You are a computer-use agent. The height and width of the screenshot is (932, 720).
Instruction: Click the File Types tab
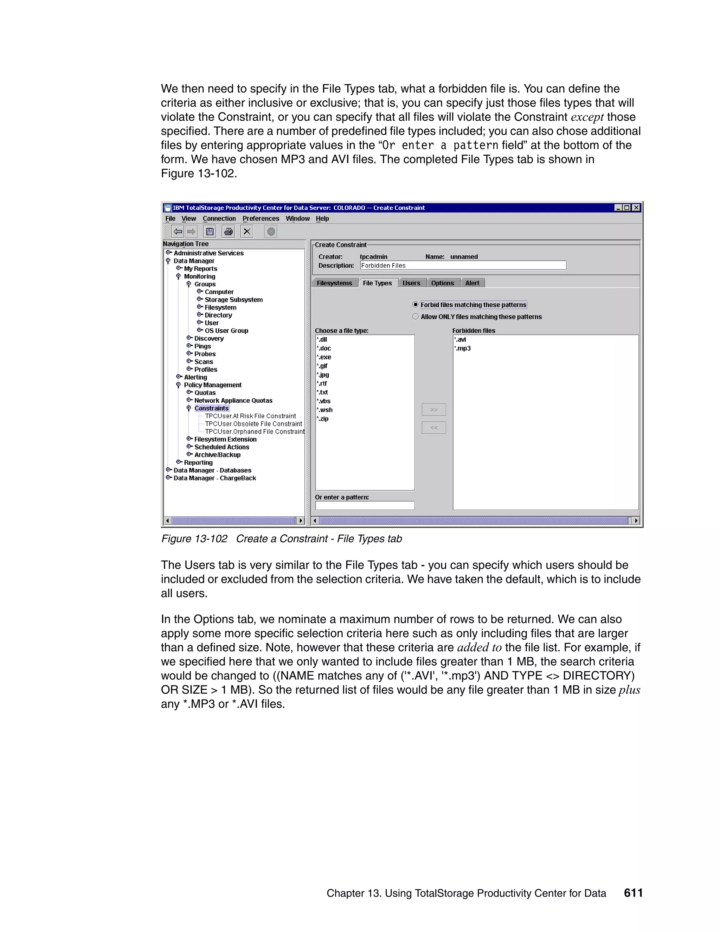click(x=377, y=283)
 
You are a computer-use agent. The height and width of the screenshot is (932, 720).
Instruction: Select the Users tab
click(x=411, y=283)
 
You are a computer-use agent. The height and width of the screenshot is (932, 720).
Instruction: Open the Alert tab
click(x=472, y=283)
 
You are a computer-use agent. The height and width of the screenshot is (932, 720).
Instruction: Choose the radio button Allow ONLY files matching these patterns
click(x=416, y=317)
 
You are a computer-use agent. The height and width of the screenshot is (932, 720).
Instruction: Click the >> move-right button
click(x=433, y=410)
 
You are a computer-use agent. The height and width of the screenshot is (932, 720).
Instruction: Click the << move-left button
click(x=433, y=428)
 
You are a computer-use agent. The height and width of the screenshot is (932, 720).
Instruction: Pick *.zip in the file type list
click(x=323, y=419)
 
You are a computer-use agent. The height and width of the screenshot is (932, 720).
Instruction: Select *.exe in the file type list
click(x=324, y=357)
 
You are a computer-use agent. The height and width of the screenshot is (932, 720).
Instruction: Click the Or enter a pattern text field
click(x=365, y=506)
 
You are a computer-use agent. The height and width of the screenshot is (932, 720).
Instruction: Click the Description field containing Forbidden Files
click(x=463, y=266)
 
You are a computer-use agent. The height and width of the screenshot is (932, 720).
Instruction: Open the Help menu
click(x=322, y=218)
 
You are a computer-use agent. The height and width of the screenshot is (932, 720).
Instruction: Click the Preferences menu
click(x=261, y=218)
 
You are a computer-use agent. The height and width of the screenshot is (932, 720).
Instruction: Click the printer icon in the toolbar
click(x=228, y=232)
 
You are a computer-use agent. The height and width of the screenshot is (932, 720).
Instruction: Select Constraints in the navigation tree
click(x=211, y=408)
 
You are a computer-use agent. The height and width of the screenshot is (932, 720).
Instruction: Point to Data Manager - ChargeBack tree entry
click(x=214, y=478)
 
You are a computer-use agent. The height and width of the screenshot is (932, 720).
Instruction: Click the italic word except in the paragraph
click(x=587, y=117)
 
